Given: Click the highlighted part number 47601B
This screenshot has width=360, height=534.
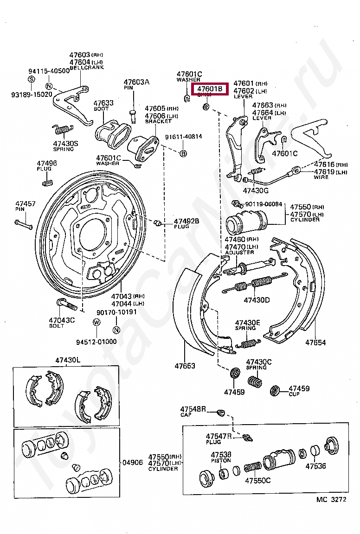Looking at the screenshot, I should tap(210, 89).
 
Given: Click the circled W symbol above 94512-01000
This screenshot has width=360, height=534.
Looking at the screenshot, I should tap(96, 322).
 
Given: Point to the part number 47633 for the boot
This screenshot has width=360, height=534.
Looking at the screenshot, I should tap(103, 103).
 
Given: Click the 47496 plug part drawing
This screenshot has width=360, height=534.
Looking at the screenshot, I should tap(47, 181).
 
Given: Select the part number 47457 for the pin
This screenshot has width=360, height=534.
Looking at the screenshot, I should tap(25, 204).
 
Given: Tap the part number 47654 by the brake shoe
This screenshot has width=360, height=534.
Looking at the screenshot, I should tap(315, 343).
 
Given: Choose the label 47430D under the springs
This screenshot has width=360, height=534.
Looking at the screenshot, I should tap(257, 300).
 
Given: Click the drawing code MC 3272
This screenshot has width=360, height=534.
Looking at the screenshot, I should tap(331, 500).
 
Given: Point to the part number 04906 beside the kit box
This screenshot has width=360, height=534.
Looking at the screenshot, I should tap(133, 462).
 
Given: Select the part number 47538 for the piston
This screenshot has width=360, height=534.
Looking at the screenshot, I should tap(221, 455).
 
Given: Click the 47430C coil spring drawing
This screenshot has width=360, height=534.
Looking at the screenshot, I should tap(254, 381).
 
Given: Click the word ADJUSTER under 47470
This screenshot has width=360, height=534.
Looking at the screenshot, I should tap(239, 252).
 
